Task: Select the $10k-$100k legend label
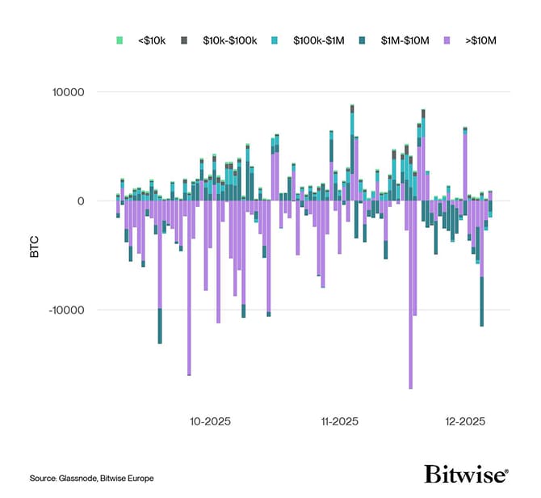coord(229,39)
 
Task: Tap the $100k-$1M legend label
coord(318,39)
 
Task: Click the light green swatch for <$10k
coord(120,39)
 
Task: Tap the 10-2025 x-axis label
coord(211,421)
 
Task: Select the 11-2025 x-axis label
coord(339,421)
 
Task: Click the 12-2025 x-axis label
coord(465,421)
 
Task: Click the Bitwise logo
coord(467,475)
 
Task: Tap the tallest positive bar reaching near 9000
coord(352,146)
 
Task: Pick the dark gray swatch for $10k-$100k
coord(184,39)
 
